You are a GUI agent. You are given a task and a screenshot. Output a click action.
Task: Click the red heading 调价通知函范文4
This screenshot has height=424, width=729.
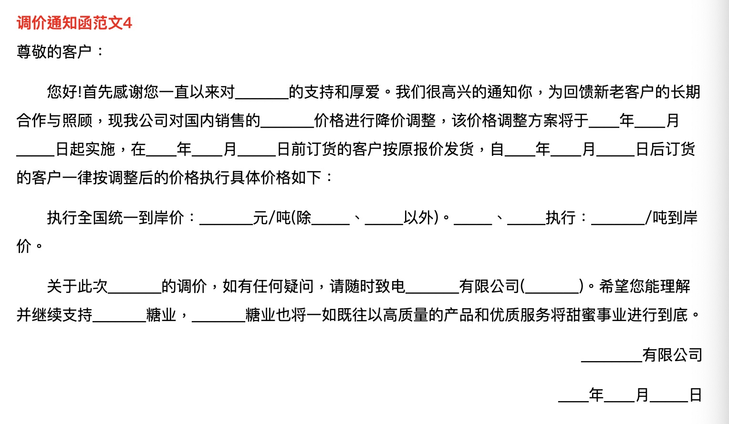74,23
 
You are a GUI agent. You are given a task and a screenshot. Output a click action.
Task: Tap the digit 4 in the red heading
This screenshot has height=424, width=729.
127,23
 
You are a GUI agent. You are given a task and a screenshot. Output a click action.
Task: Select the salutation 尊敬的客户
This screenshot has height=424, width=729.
54,52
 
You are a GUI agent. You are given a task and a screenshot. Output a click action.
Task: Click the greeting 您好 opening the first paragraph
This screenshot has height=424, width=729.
62,91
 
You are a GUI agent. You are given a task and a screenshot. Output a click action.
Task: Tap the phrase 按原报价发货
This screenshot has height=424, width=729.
428,149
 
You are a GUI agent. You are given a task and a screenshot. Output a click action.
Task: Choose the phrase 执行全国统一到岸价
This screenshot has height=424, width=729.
115,218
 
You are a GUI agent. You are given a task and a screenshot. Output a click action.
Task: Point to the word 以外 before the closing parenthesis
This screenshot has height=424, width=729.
418,218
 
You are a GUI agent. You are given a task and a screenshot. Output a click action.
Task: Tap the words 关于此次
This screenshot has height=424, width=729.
77,287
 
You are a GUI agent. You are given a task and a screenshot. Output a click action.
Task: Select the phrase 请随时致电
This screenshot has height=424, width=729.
367,287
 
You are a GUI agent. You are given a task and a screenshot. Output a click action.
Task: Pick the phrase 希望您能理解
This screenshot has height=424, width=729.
645,287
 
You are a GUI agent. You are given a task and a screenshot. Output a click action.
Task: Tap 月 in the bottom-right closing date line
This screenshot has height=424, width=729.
642,395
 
